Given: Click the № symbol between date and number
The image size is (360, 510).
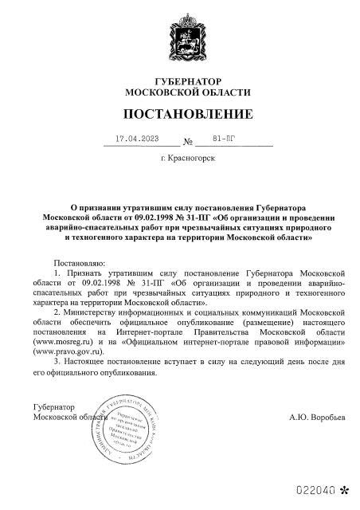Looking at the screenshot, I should (x=189, y=143).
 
